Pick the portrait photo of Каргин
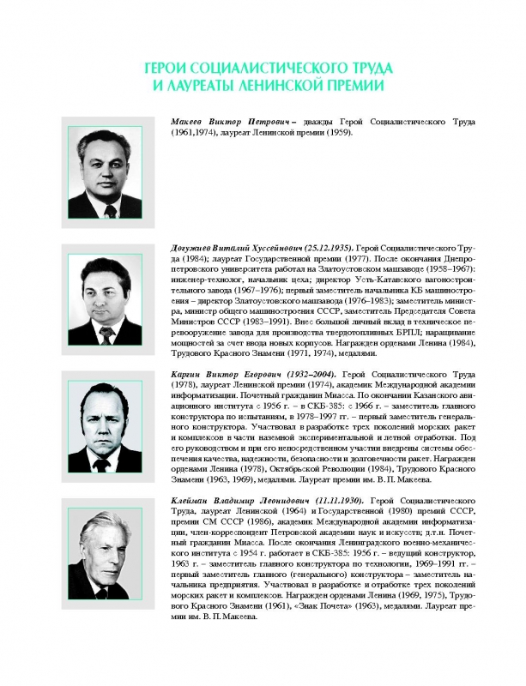point(105,421)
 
